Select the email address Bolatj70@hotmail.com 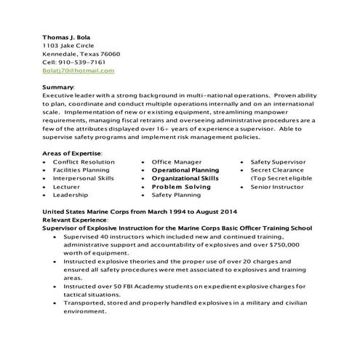tap(78, 71)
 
